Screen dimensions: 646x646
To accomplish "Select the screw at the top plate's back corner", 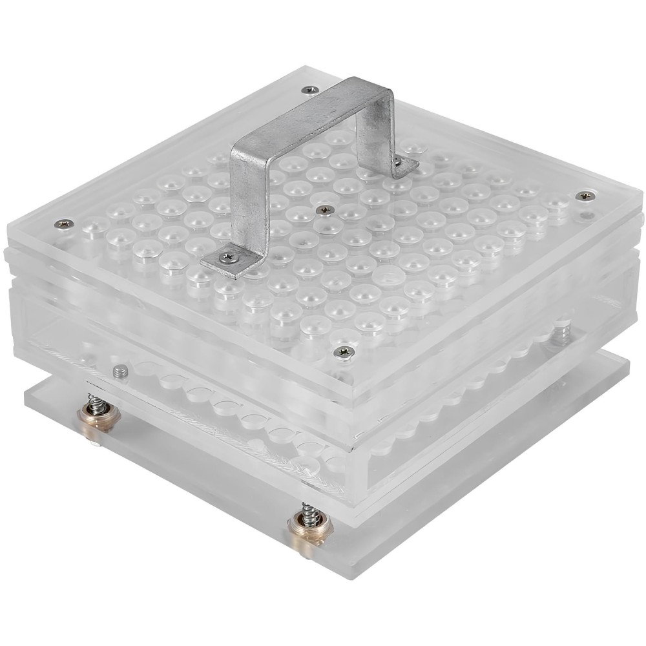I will pyautogui.click(x=311, y=89).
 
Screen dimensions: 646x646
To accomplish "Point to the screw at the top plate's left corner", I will pyautogui.click(x=64, y=224).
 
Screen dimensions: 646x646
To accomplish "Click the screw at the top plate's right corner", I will pyautogui.click(x=585, y=195).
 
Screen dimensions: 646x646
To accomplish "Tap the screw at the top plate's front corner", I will pyautogui.click(x=342, y=351).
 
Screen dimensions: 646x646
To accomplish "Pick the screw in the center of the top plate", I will pyautogui.click(x=325, y=209).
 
